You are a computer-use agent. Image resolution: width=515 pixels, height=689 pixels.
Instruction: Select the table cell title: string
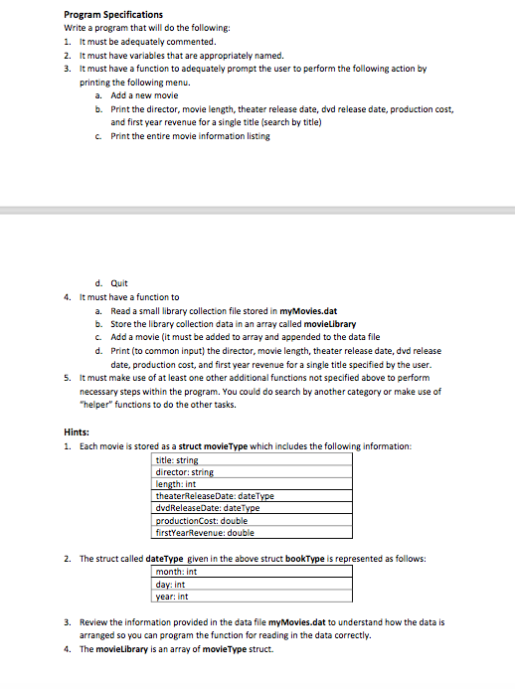click(179, 460)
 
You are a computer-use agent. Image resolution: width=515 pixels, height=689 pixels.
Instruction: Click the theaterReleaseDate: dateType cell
click(215, 495)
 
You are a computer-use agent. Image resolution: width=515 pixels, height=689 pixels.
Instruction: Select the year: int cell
click(173, 597)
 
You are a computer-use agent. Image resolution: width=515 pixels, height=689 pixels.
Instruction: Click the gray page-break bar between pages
click(257, 211)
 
